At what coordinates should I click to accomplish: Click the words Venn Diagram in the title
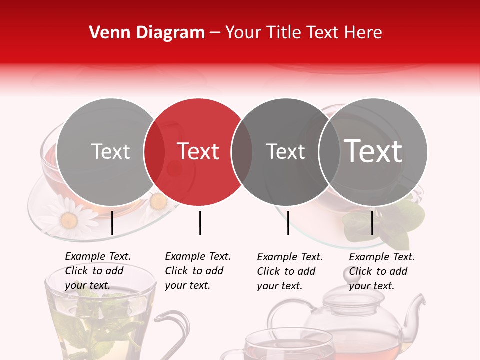point(147,33)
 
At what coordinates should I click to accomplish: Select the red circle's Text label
point(198,151)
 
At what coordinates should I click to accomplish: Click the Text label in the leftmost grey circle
point(110,151)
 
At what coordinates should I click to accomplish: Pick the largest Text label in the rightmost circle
point(373,151)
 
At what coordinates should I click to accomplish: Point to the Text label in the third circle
point(285,151)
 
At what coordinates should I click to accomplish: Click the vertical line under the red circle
point(200,223)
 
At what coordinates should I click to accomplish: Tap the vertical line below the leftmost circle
point(112,223)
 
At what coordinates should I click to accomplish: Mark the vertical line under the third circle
point(288,223)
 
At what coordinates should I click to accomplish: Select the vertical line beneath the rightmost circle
point(372,223)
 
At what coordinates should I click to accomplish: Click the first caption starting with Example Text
point(98,271)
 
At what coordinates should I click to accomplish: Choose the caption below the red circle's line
point(198,271)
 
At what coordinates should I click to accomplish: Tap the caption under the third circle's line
point(290,271)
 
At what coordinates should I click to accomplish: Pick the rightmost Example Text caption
point(382,271)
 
